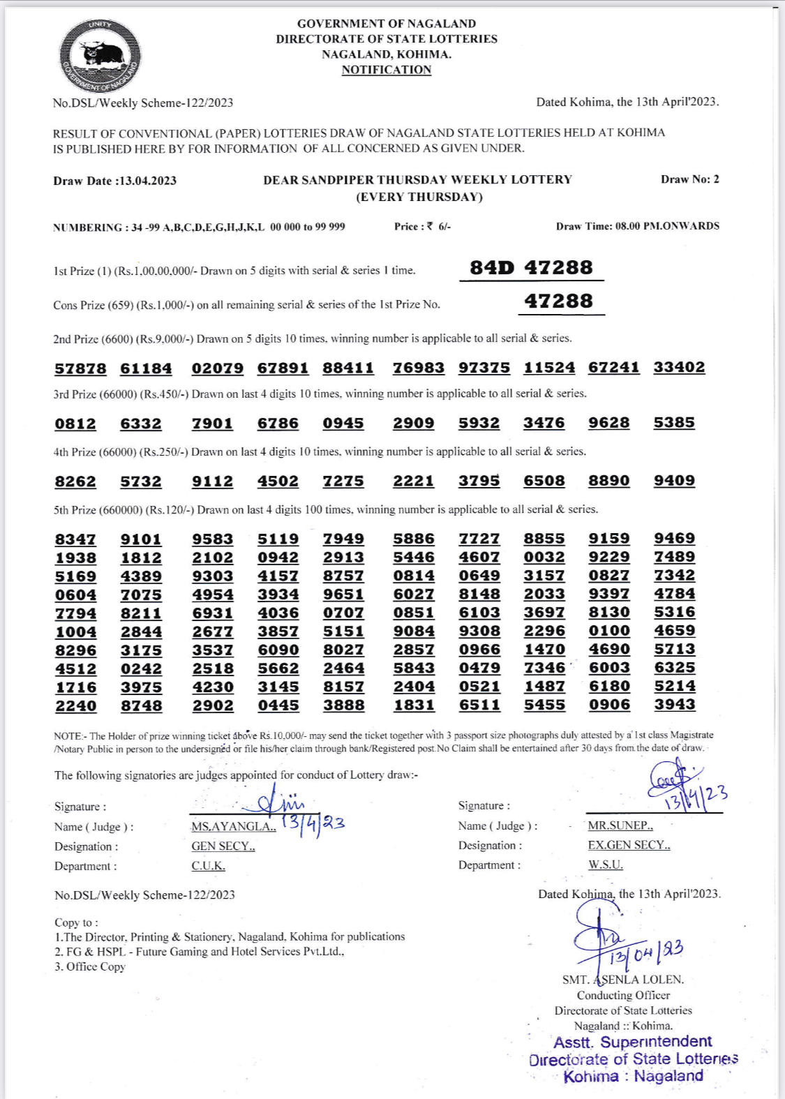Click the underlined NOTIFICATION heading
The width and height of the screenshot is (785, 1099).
point(386,70)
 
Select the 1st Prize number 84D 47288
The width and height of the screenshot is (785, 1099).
point(531,267)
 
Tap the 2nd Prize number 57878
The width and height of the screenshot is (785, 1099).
point(80,368)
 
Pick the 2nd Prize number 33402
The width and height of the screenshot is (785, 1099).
point(679,367)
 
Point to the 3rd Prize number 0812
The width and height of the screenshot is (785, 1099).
point(75,424)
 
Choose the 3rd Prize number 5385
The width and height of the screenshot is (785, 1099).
point(674,422)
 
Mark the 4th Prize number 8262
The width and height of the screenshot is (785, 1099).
point(75,481)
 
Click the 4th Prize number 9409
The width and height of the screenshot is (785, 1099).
point(674,480)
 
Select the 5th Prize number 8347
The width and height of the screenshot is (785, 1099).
point(75,539)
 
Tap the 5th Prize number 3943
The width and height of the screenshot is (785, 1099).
point(674,704)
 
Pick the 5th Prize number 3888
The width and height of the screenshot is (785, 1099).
point(343,705)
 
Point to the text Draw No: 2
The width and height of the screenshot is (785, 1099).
point(689,179)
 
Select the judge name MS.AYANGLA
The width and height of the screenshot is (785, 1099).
point(234,826)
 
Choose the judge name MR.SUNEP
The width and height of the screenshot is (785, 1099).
point(620,825)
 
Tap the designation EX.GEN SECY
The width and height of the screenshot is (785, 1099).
point(629,845)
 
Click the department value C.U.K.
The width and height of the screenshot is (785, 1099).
point(208,866)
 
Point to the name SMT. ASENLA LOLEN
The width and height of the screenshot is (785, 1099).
point(623,980)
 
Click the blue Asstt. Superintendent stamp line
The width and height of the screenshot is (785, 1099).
point(632,1042)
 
